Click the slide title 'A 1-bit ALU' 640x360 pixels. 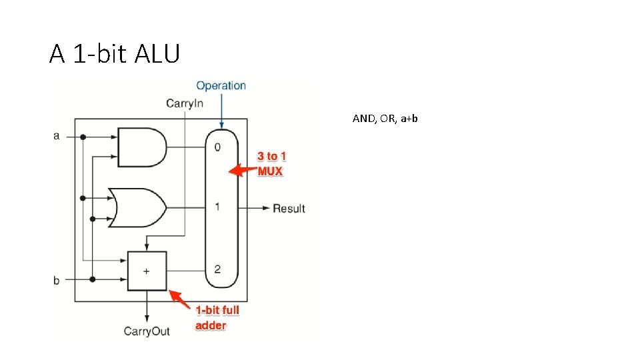click(114, 53)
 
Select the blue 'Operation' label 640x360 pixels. click(221, 85)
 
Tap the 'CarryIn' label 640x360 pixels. click(185, 103)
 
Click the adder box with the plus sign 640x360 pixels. click(147, 271)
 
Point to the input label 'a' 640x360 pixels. click(56, 136)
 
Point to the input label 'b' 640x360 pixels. click(56, 280)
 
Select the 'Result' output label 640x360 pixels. click(289, 209)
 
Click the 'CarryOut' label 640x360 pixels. click(147, 331)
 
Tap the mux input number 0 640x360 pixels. click(217, 147)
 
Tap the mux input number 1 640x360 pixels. click(217, 207)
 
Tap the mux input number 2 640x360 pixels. click(217, 269)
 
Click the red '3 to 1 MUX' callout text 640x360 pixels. click(271, 164)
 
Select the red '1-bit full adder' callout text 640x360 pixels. click(217, 318)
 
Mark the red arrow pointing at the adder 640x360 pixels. click(181, 299)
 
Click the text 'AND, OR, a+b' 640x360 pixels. click(385, 119)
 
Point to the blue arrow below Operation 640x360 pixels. click(221, 110)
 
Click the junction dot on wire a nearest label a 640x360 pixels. click(83, 137)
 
